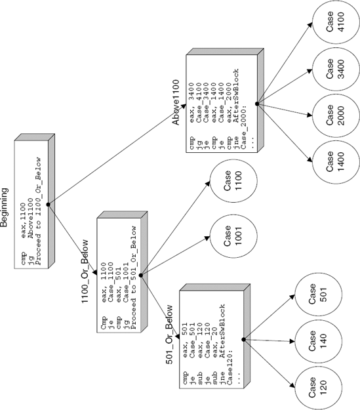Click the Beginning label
(x=5, y=207)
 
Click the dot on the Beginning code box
(x=49, y=205)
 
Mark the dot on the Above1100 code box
(x=256, y=103)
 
